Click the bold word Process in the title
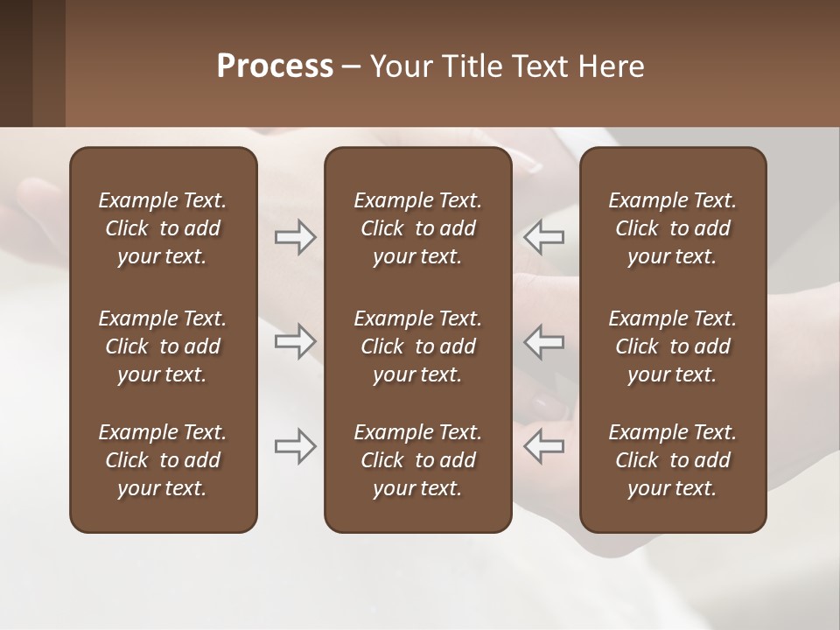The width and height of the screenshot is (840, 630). click(275, 66)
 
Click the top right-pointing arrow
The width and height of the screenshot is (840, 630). click(295, 237)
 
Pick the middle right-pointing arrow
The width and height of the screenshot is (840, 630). click(295, 341)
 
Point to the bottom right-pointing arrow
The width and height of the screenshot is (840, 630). click(295, 445)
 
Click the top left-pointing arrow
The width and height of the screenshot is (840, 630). click(543, 237)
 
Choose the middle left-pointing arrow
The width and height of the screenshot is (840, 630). click(543, 341)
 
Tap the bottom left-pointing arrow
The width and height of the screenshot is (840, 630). click(543, 445)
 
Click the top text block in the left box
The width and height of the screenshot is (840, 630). click(163, 228)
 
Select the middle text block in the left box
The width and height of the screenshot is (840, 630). click(163, 346)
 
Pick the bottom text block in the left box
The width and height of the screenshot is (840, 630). click(163, 460)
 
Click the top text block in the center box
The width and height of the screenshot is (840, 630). click(418, 228)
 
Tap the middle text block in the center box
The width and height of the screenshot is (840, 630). click(418, 346)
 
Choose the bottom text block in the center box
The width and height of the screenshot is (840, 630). click(418, 460)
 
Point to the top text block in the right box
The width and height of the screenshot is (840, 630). click(673, 228)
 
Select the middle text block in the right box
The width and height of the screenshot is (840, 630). click(673, 346)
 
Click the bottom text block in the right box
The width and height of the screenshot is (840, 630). click(673, 460)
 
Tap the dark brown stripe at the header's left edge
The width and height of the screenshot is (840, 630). click(16, 63)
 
